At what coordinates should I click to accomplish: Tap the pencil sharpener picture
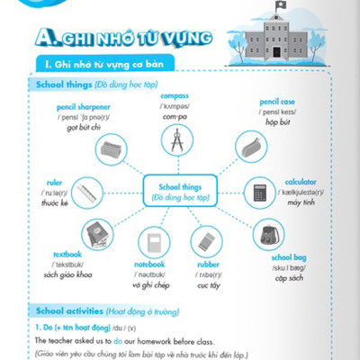click(x=112, y=150)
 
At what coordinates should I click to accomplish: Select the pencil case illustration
click(x=250, y=147)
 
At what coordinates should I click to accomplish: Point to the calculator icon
click(x=260, y=193)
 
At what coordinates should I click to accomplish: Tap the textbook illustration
click(x=98, y=233)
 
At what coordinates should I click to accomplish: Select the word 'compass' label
click(x=174, y=95)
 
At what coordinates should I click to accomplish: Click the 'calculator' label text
click(x=301, y=182)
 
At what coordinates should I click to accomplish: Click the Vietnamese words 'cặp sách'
click(x=289, y=270)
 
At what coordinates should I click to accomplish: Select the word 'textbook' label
click(x=67, y=254)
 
